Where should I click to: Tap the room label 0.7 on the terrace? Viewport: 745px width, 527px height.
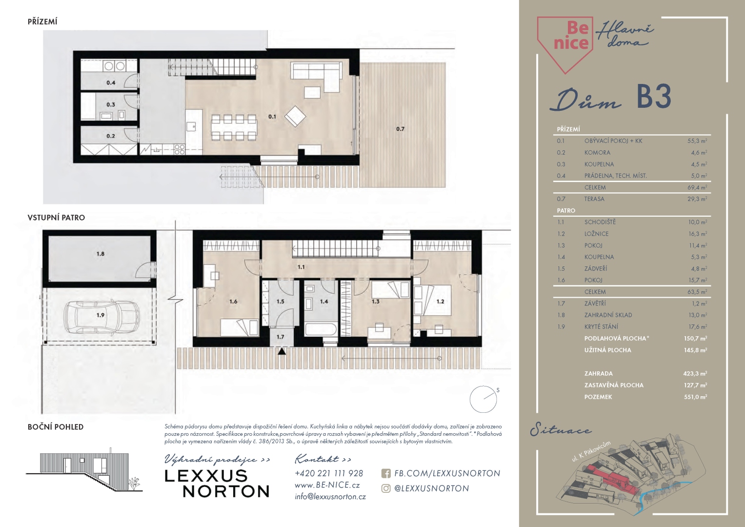click(x=400, y=129)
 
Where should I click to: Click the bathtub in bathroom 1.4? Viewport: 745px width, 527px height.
click(x=321, y=329)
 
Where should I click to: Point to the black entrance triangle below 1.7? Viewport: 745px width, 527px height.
click(x=282, y=351)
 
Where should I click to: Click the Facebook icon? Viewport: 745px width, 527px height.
click(x=386, y=473)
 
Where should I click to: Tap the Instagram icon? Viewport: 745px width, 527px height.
click(x=386, y=488)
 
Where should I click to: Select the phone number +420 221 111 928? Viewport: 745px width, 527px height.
click(x=329, y=473)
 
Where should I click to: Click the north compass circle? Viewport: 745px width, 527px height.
click(x=483, y=399)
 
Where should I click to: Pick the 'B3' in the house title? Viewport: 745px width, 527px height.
click(x=654, y=97)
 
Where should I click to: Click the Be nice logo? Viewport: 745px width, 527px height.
click(x=565, y=44)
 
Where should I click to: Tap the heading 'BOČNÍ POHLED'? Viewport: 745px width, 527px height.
click(x=56, y=427)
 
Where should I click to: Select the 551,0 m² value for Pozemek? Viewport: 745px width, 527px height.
click(x=695, y=397)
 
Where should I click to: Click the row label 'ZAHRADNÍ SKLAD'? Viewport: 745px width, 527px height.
click(x=608, y=315)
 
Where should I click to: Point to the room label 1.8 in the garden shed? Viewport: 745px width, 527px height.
click(x=101, y=254)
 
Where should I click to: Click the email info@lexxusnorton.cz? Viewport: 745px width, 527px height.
click(x=330, y=497)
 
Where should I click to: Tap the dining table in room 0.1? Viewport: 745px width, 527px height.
click(x=234, y=127)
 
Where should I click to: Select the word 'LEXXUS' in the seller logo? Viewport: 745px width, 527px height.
click(x=206, y=476)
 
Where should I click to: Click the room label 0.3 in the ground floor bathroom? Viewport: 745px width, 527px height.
click(x=111, y=104)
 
